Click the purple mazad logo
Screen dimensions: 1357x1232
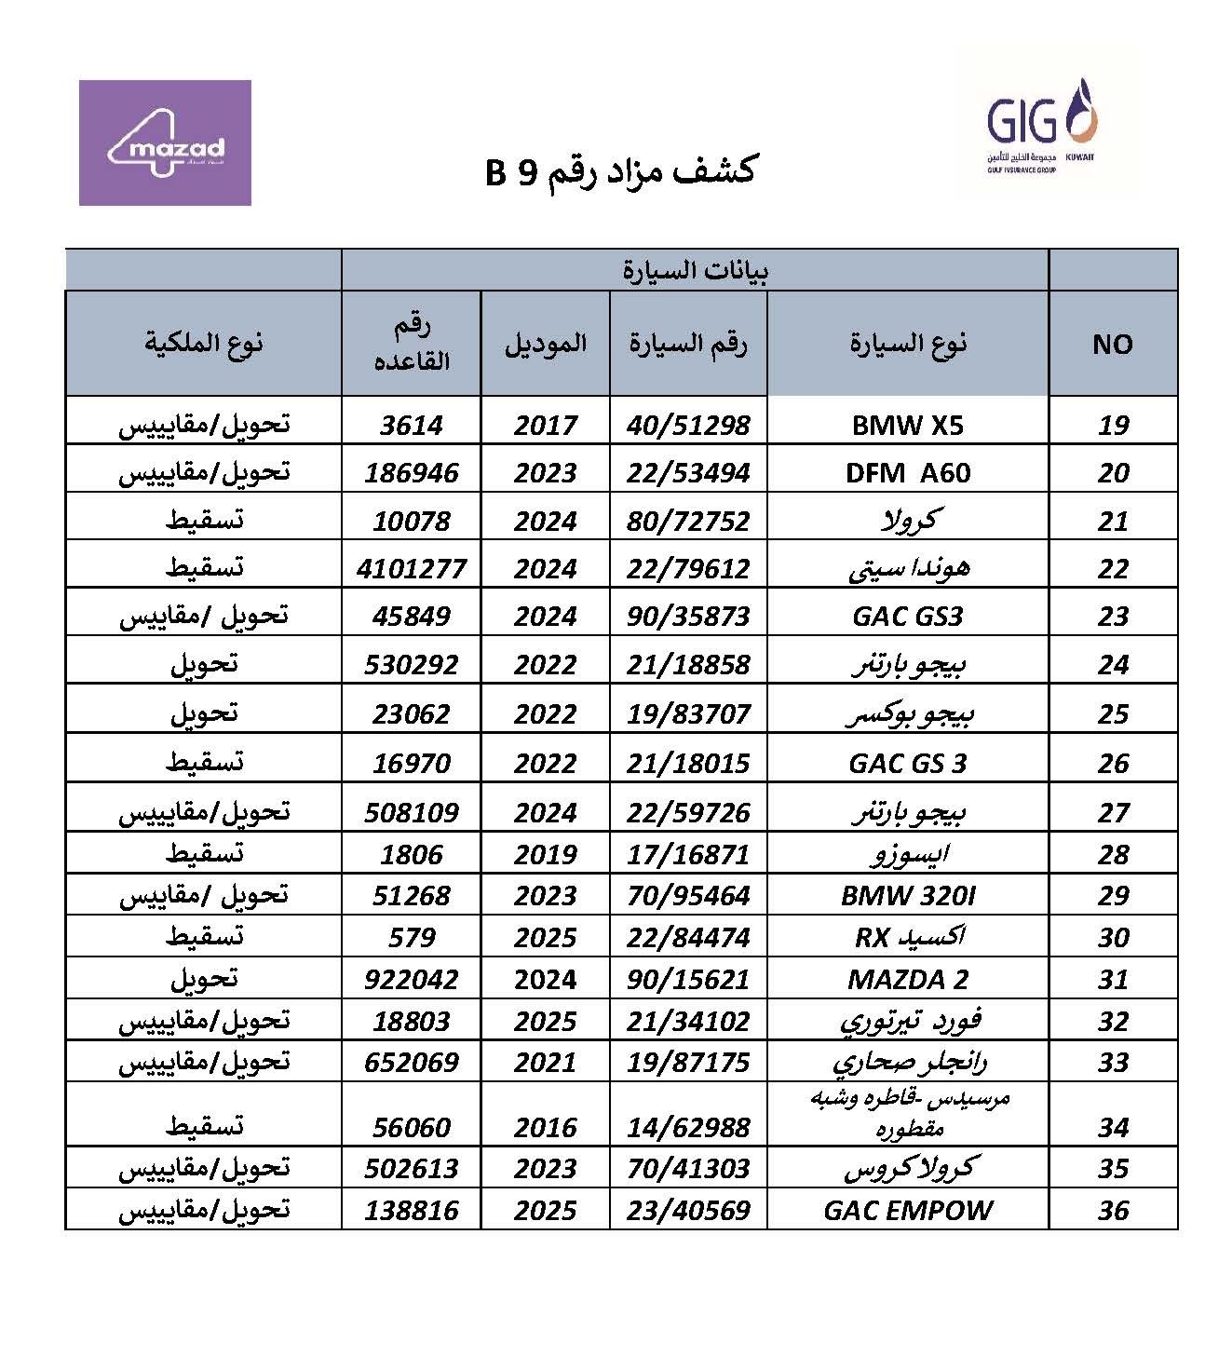point(165,142)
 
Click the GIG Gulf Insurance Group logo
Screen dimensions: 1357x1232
point(1042,126)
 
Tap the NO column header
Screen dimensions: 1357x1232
point(1112,344)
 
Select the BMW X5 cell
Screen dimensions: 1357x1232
point(907,425)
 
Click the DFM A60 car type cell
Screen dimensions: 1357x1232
point(907,472)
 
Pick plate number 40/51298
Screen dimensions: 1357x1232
point(688,425)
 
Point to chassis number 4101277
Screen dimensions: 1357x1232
point(411,568)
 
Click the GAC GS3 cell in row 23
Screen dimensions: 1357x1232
point(907,616)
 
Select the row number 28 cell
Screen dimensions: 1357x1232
point(1113,854)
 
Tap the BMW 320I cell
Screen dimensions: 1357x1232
point(907,895)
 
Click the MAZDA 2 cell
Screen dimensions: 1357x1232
point(907,979)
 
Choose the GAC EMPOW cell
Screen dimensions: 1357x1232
point(907,1210)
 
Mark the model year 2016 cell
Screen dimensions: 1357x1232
point(545,1127)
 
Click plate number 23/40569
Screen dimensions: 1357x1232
point(688,1210)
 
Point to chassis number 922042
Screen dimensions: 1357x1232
point(411,979)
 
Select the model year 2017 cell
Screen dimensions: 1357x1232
point(545,425)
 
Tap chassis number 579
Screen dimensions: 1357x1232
point(411,937)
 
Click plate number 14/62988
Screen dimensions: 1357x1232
point(688,1127)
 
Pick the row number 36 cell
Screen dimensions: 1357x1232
point(1113,1210)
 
